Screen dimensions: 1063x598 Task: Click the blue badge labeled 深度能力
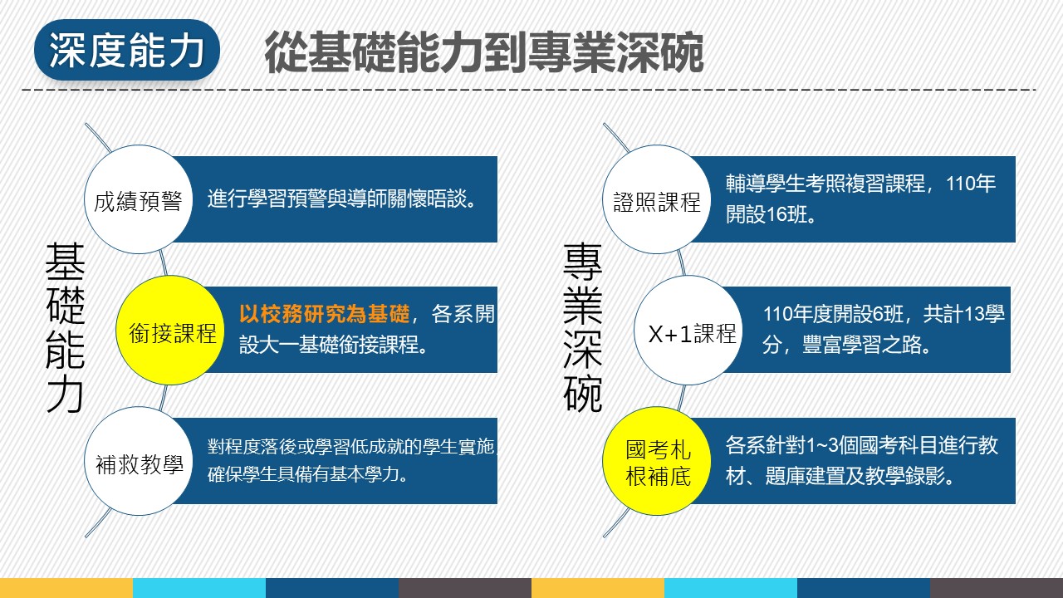point(127,50)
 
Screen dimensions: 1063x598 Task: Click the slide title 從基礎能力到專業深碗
point(483,52)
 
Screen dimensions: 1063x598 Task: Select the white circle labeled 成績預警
point(138,199)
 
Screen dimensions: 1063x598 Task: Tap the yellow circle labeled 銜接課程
point(170,331)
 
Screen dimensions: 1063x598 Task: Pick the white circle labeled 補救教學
point(138,461)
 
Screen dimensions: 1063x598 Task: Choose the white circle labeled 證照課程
point(656,199)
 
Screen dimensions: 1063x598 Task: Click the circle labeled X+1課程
point(688,331)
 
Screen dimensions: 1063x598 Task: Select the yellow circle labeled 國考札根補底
point(656,461)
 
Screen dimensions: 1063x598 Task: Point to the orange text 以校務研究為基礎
point(324,314)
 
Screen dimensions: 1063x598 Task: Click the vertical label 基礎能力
point(65,327)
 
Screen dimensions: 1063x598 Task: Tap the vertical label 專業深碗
point(583,327)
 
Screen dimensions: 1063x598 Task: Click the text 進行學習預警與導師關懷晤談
point(341,199)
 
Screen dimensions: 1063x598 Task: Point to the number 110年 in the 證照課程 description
point(971,184)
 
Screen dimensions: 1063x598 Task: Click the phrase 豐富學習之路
point(866,345)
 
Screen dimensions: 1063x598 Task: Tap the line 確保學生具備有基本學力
point(307,474)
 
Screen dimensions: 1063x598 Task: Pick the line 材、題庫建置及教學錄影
point(840,476)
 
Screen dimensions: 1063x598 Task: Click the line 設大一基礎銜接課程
point(333,345)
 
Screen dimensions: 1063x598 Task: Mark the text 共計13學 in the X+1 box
point(964,314)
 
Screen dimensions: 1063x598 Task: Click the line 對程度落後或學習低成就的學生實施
point(351,447)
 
